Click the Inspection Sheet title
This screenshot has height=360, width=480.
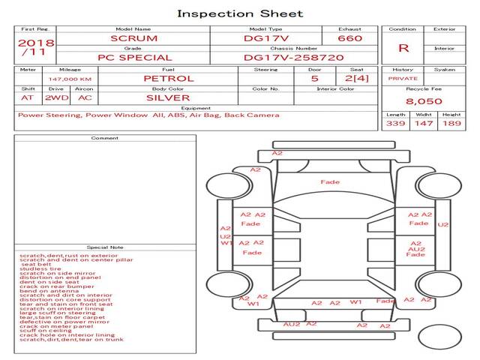point(240,13)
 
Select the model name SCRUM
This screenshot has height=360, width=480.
point(133,38)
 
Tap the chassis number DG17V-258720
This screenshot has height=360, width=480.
point(294,57)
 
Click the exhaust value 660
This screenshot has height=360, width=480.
point(349,38)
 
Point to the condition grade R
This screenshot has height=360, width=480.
point(403,48)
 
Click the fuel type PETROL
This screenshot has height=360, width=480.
point(168,78)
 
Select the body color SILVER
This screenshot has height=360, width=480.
point(168,97)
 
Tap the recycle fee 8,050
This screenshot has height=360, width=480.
point(424,100)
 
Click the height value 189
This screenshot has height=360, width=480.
point(452,123)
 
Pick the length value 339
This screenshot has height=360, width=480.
point(395,123)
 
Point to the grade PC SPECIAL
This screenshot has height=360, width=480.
point(135,57)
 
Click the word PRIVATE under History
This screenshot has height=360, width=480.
point(403,78)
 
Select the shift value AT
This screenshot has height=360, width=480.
point(28,97)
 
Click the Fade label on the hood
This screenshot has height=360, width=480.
point(330,182)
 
